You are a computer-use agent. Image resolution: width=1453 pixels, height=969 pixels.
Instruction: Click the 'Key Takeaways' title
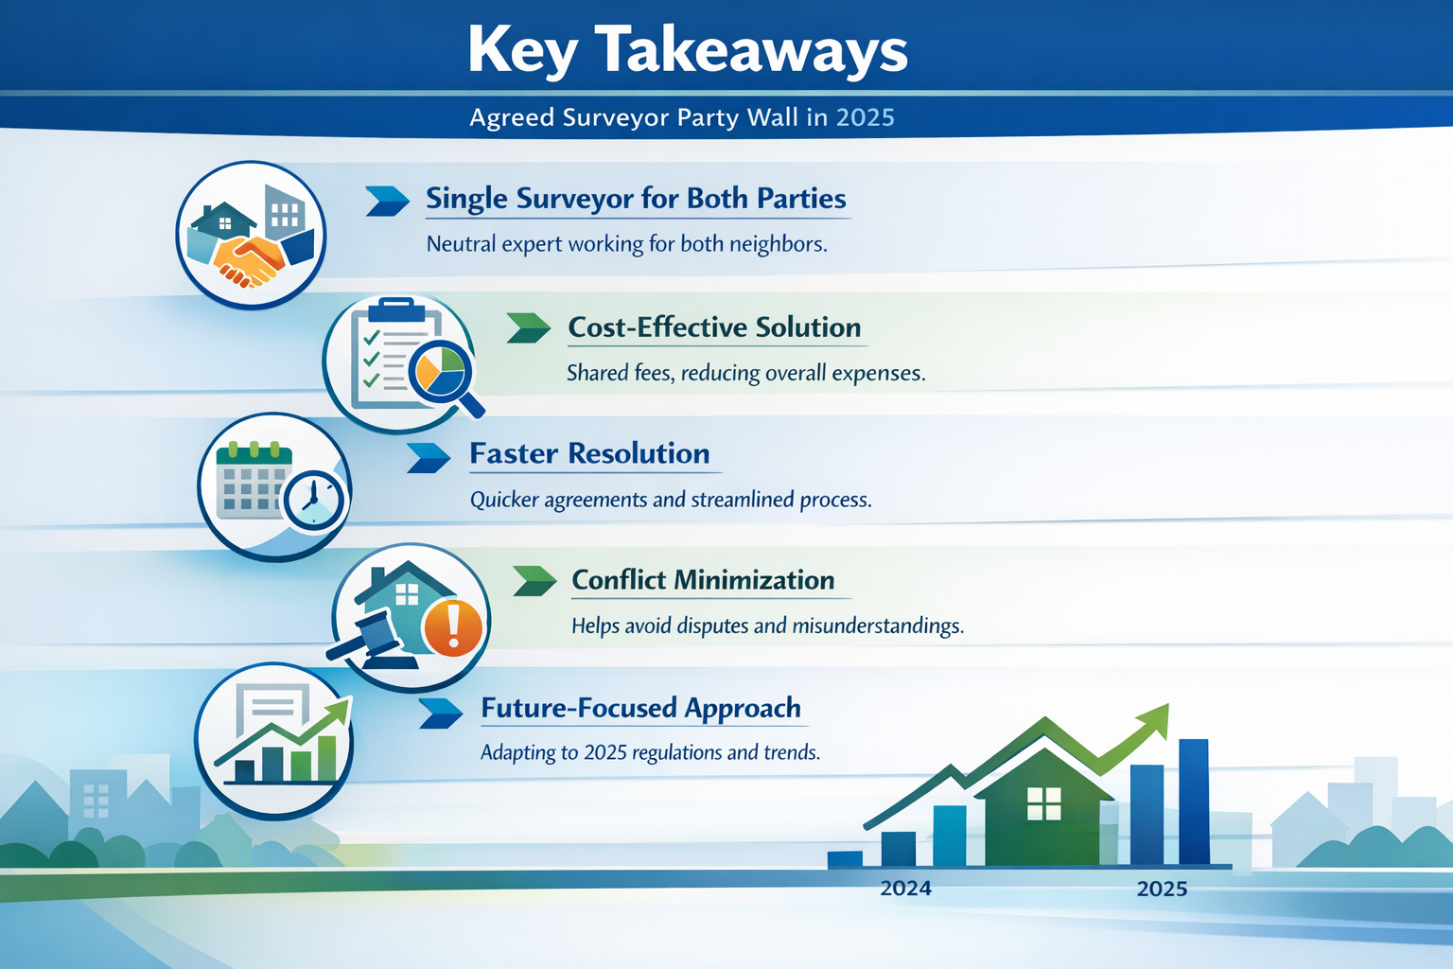[x=688, y=50]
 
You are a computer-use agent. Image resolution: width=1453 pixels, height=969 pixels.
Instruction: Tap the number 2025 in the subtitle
[x=866, y=117]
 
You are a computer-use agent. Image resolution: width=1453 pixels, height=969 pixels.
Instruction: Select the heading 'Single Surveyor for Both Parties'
[x=636, y=199]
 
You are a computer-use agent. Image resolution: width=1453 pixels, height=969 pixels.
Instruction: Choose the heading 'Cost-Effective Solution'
[x=714, y=327]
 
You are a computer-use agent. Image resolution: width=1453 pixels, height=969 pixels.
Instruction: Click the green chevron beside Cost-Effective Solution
[x=529, y=327]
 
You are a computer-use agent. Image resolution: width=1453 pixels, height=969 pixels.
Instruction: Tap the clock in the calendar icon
[x=314, y=500]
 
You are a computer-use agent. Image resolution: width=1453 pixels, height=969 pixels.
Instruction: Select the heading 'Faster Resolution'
[x=589, y=453]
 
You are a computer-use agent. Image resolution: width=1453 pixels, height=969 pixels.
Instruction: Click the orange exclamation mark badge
[x=453, y=627]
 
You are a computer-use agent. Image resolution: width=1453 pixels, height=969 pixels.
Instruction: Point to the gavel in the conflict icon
[x=372, y=640]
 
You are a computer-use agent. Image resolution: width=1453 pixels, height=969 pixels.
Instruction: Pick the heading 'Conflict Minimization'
[x=703, y=579]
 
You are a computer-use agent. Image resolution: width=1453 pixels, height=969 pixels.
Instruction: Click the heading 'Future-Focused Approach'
[x=640, y=708]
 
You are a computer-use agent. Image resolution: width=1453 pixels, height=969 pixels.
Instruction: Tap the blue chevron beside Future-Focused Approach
[x=441, y=714]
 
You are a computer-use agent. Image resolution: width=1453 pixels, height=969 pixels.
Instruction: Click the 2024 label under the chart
[x=905, y=888]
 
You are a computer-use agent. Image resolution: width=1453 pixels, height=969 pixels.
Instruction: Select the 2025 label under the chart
[x=1162, y=889]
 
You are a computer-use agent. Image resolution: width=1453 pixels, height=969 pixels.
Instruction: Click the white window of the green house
[x=1044, y=803]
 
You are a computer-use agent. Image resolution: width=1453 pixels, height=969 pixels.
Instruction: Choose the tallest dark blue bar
[x=1194, y=802]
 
